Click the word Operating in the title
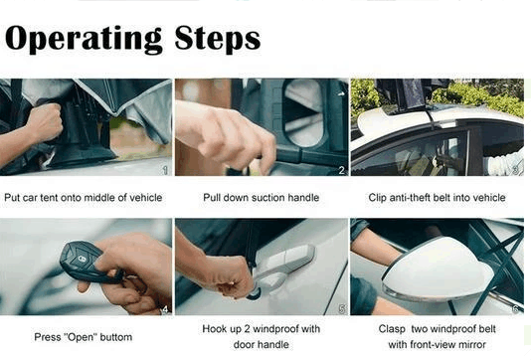coord(84,39)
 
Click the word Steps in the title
coord(218,39)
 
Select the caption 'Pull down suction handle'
coord(262,198)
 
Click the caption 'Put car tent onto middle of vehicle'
coord(84,198)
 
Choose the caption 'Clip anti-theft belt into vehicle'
coord(437,198)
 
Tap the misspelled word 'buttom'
coord(115,337)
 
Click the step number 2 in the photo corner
coord(342,170)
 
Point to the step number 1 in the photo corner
coord(166,170)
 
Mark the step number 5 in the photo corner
coord(342,309)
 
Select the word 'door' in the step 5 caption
coord(244,345)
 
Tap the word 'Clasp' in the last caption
coord(392,329)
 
